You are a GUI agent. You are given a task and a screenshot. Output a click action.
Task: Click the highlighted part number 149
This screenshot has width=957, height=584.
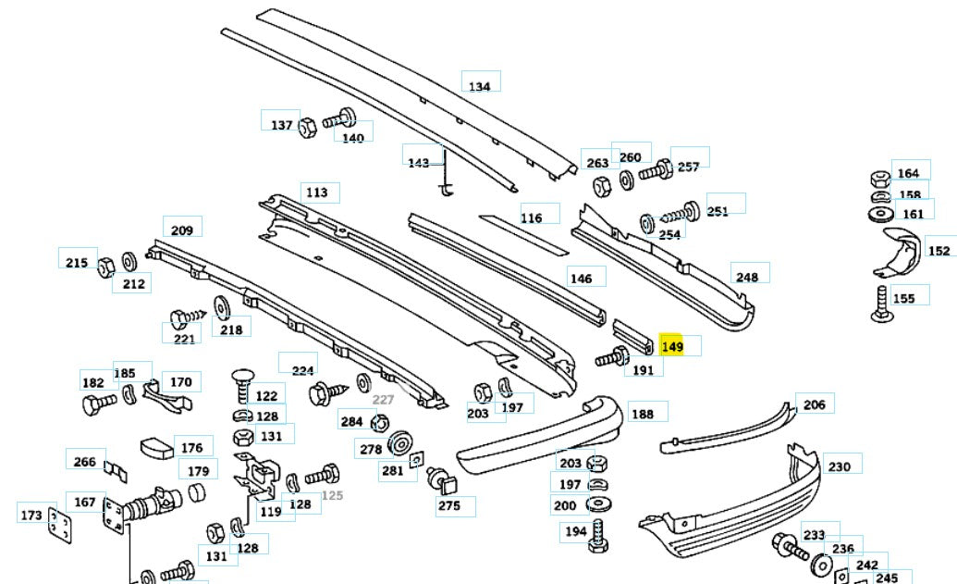pyautogui.click(x=672, y=346)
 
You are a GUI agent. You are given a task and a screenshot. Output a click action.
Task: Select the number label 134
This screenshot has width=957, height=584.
pyautogui.click(x=479, y=86)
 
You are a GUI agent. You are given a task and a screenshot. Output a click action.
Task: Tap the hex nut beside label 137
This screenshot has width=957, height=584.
pyautogui.click(x=308, y=124)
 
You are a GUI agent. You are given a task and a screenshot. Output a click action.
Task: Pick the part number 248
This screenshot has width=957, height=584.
pyautogui.click(x=746, y=276)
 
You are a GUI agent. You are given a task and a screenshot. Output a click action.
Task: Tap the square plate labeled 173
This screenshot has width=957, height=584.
pyautogui.click(x=59, y=525)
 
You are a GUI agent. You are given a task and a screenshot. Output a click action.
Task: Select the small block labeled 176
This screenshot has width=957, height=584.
pyautogui.click(x=157, y=448)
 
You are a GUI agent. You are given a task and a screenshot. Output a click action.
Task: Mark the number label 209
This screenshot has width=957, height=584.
pyautogui.click(x=182, y=230)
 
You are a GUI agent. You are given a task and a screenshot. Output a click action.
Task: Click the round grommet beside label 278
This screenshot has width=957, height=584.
pyautogui.click(x=400, y=443)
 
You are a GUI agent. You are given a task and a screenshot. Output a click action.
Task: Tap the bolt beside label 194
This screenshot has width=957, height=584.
pyautogui.click(x=598, y=534)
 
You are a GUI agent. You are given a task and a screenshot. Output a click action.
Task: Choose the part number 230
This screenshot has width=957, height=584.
pyautogui.click(x=839, y=466)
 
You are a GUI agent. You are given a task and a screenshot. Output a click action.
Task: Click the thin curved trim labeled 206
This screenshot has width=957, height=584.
pyautogui.click(x=730, y=429)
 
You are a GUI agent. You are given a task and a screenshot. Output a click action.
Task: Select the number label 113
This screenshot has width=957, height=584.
pyautogui.click(x=317, y=193)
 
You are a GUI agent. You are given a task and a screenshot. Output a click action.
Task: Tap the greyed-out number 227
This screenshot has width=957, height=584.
pyautogui.click(x=383, y=400)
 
